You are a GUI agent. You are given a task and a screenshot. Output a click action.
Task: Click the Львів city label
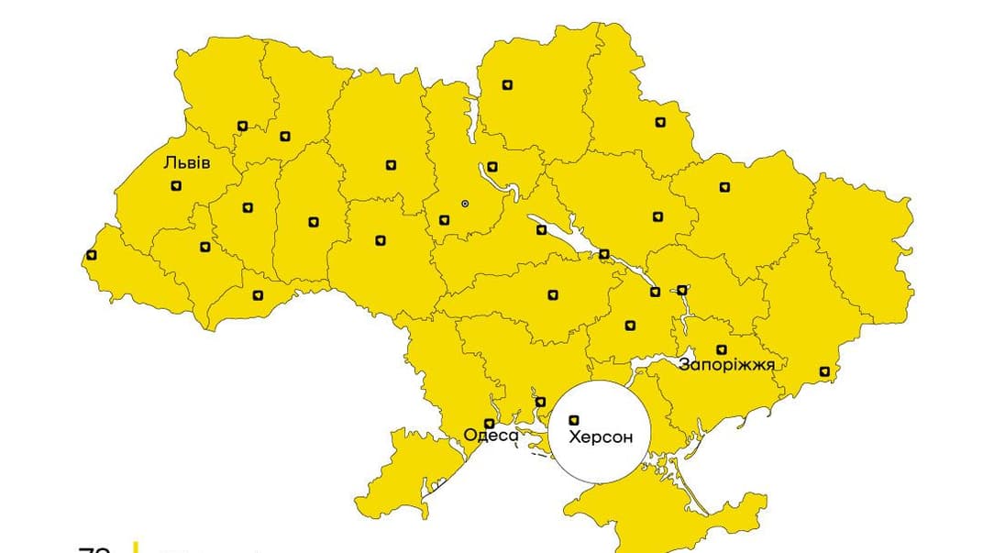(x=187, y=163)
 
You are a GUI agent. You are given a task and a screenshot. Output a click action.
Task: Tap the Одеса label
(x=491, y=436)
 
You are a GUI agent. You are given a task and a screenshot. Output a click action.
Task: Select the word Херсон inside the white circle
(x=601, y=437)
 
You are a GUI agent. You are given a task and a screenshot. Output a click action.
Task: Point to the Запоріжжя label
(x=726, y=365)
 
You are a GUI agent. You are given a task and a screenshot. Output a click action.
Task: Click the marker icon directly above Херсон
(x=575, y=420)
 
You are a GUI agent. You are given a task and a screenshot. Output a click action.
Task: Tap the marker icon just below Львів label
(x=176, y=186)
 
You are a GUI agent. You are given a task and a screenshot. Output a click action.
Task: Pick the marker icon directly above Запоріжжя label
(x=722, y=349)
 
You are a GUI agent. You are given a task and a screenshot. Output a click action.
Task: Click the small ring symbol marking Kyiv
(x=464, y=203)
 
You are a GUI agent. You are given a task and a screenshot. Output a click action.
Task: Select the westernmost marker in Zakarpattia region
(x=91, y=255)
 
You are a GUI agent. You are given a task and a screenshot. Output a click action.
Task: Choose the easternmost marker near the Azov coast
(x=824, y=371)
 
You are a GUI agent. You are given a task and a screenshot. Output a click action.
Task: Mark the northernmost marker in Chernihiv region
(x=507, y=85)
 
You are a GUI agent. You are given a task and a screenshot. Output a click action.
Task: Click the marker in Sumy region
(x=660, y=122)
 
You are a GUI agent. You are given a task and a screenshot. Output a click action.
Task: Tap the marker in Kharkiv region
(x=724, y=186)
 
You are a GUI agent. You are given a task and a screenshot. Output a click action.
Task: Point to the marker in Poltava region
(x=657, y=216)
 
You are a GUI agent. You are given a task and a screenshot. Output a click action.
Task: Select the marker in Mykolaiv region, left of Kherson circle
(x=540, y=402)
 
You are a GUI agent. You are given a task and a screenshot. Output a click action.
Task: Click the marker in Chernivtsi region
(x=258, y=295)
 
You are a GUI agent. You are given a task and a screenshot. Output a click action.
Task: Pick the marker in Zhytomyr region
(x=392, y=165)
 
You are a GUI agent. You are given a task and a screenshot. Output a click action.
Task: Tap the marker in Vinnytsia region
(x=381, y=240)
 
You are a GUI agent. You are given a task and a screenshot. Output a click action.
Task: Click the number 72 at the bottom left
(x=94, y=548)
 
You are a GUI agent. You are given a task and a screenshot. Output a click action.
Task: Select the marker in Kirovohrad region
(x=552, y=294)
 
